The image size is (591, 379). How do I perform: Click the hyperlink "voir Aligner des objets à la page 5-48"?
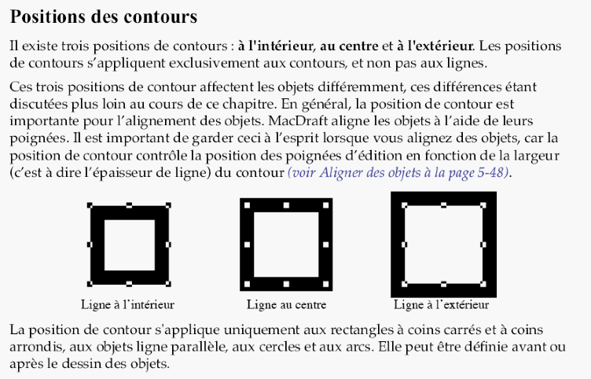[399, 171]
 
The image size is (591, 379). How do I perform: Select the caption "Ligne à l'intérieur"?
[127, 304]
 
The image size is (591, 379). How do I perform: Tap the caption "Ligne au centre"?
[286, 304]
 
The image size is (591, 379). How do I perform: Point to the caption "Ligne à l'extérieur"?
[441, 304]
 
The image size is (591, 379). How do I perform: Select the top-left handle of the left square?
[90, 206]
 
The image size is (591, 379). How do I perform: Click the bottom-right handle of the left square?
[168, 283]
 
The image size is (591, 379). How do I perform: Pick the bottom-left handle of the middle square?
[247, 283]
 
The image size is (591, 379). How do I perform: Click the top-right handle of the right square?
[483, 205]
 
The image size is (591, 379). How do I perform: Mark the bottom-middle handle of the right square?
[444, 284]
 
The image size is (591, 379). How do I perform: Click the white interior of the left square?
[130, 245]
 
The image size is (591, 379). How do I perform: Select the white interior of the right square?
[444, 244]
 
